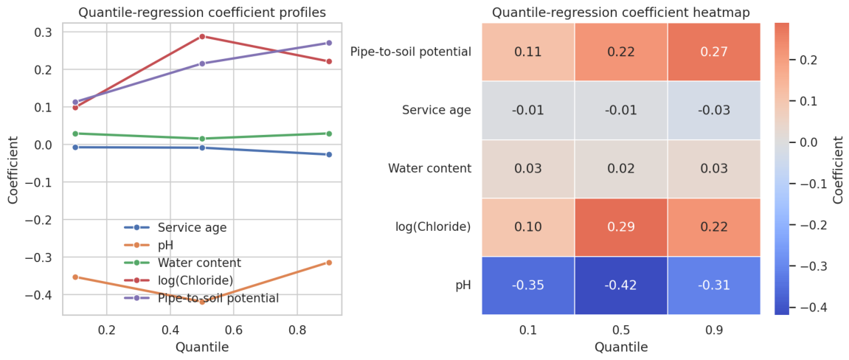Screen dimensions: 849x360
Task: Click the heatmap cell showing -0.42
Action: point(620,285)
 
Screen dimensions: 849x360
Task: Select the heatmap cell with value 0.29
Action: point(620,226)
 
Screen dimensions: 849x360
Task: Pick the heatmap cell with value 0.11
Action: point(527,52)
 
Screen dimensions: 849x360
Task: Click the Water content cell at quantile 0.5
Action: point(620,168)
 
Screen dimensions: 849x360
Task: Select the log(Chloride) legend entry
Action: point(179,280)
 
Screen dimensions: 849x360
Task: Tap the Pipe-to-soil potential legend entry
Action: point(201,298)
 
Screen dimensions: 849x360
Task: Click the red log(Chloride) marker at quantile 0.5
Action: point(202,36)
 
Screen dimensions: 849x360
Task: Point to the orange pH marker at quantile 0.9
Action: point(329,263)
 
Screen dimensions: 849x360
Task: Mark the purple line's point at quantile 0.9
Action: point(329,43)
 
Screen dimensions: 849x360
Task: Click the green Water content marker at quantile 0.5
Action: point(202,139)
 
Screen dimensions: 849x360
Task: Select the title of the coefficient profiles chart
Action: point(202,13)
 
